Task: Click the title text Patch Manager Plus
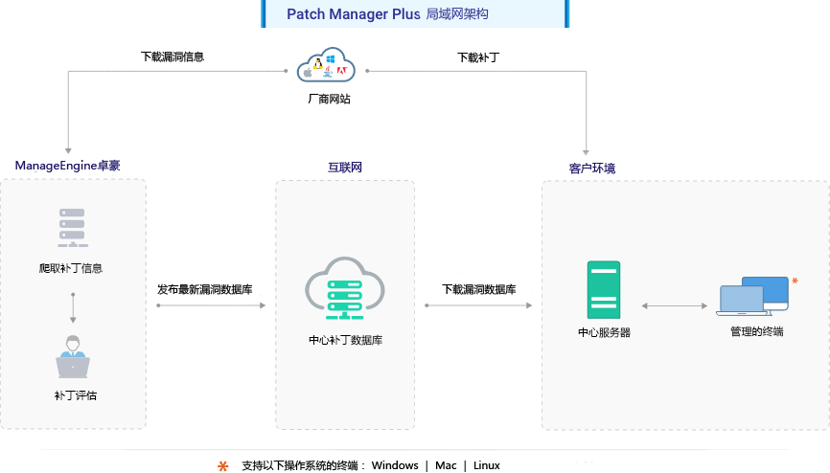(353, 14)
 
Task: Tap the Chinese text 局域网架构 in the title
(457, 14)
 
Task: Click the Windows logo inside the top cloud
(330, 59)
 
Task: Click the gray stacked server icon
(72, 225)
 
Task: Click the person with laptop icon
(73, 358)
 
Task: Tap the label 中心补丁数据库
(345, 340)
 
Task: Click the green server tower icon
(604, 289)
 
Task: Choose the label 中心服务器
(604, 332)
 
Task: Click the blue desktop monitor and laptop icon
(753, 297)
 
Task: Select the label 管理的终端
(756, 331)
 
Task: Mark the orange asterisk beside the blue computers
(795, 281)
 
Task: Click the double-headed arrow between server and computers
(674, 305)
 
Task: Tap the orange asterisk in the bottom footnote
(223, 466)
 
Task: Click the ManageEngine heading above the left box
(67, 166)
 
